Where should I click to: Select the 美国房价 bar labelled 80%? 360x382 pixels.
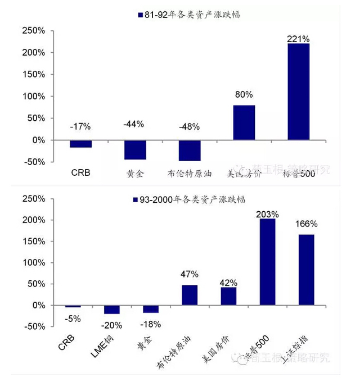click(244, 122)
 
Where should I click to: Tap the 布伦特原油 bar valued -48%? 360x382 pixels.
click(190, 151)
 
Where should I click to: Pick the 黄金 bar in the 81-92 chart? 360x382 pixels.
click(135, 149)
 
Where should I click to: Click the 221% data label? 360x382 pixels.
click(299, 39)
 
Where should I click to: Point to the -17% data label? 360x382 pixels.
click(80, 126)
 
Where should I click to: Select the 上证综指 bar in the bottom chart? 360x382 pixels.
click(306, 270)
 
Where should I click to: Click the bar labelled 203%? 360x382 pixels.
click(267, 262)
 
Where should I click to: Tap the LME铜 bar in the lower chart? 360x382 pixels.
click(111, 310)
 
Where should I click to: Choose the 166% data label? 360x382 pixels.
click(306, 224)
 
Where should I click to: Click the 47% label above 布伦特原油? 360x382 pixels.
click(190, 274)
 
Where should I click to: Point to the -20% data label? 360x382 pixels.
click(112, 324)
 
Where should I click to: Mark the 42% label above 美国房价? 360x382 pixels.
click(229, 283)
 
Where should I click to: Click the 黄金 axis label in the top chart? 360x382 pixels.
click(135, 174)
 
